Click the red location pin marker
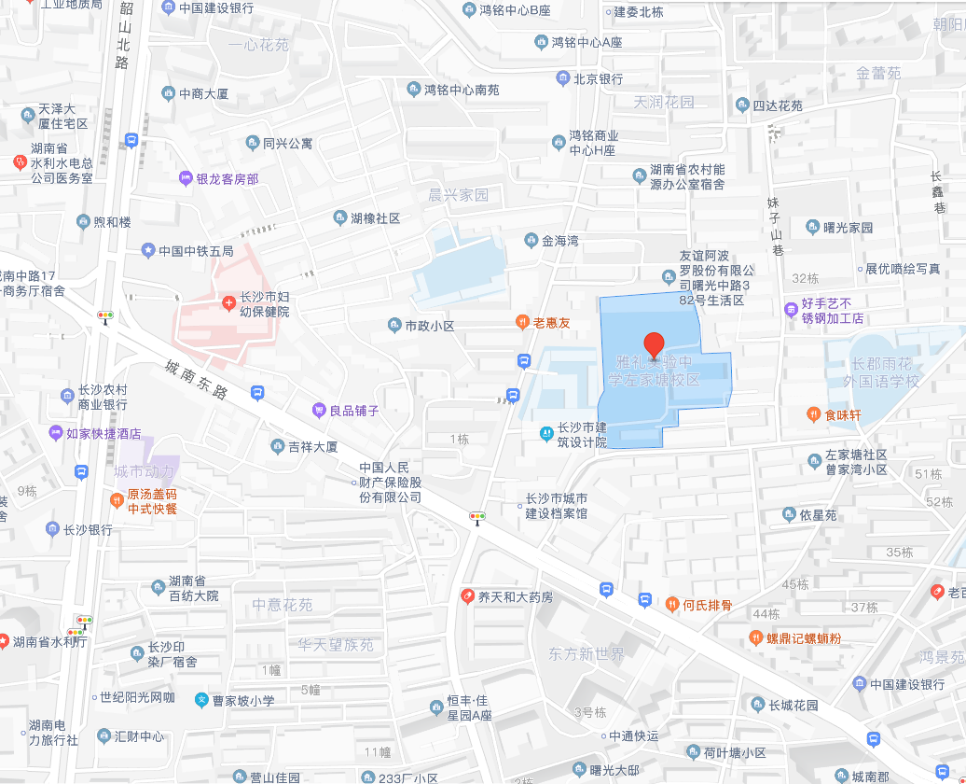pyautogui.click(x=655, y=344)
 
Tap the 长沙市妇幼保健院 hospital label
pyautogui.click(x=265, y=304)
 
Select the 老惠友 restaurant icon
pyautogui.click(x=523, y=323)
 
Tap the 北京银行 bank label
pyautogui.click(x=598, y=79)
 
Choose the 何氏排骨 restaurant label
pyautogui.click(x=707, y=605)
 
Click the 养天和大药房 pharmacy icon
pyautogui.click(x=467, y=596)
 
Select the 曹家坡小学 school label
pyautogui.click(x=242, y=700)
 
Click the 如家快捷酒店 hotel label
pyautogui.click(x=103, y=434)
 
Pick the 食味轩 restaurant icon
pyautogui.click(x=813, y=414)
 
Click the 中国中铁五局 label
pyautogui.click(x=196, y=251)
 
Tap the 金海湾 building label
pyautogui.click(x=560, y=241)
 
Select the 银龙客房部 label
pyautogui.click(x=227, y=179)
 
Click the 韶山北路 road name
pyautogui.click(x=122, y=35)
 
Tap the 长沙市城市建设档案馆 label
pyautogui.click(x=557, y=506)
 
